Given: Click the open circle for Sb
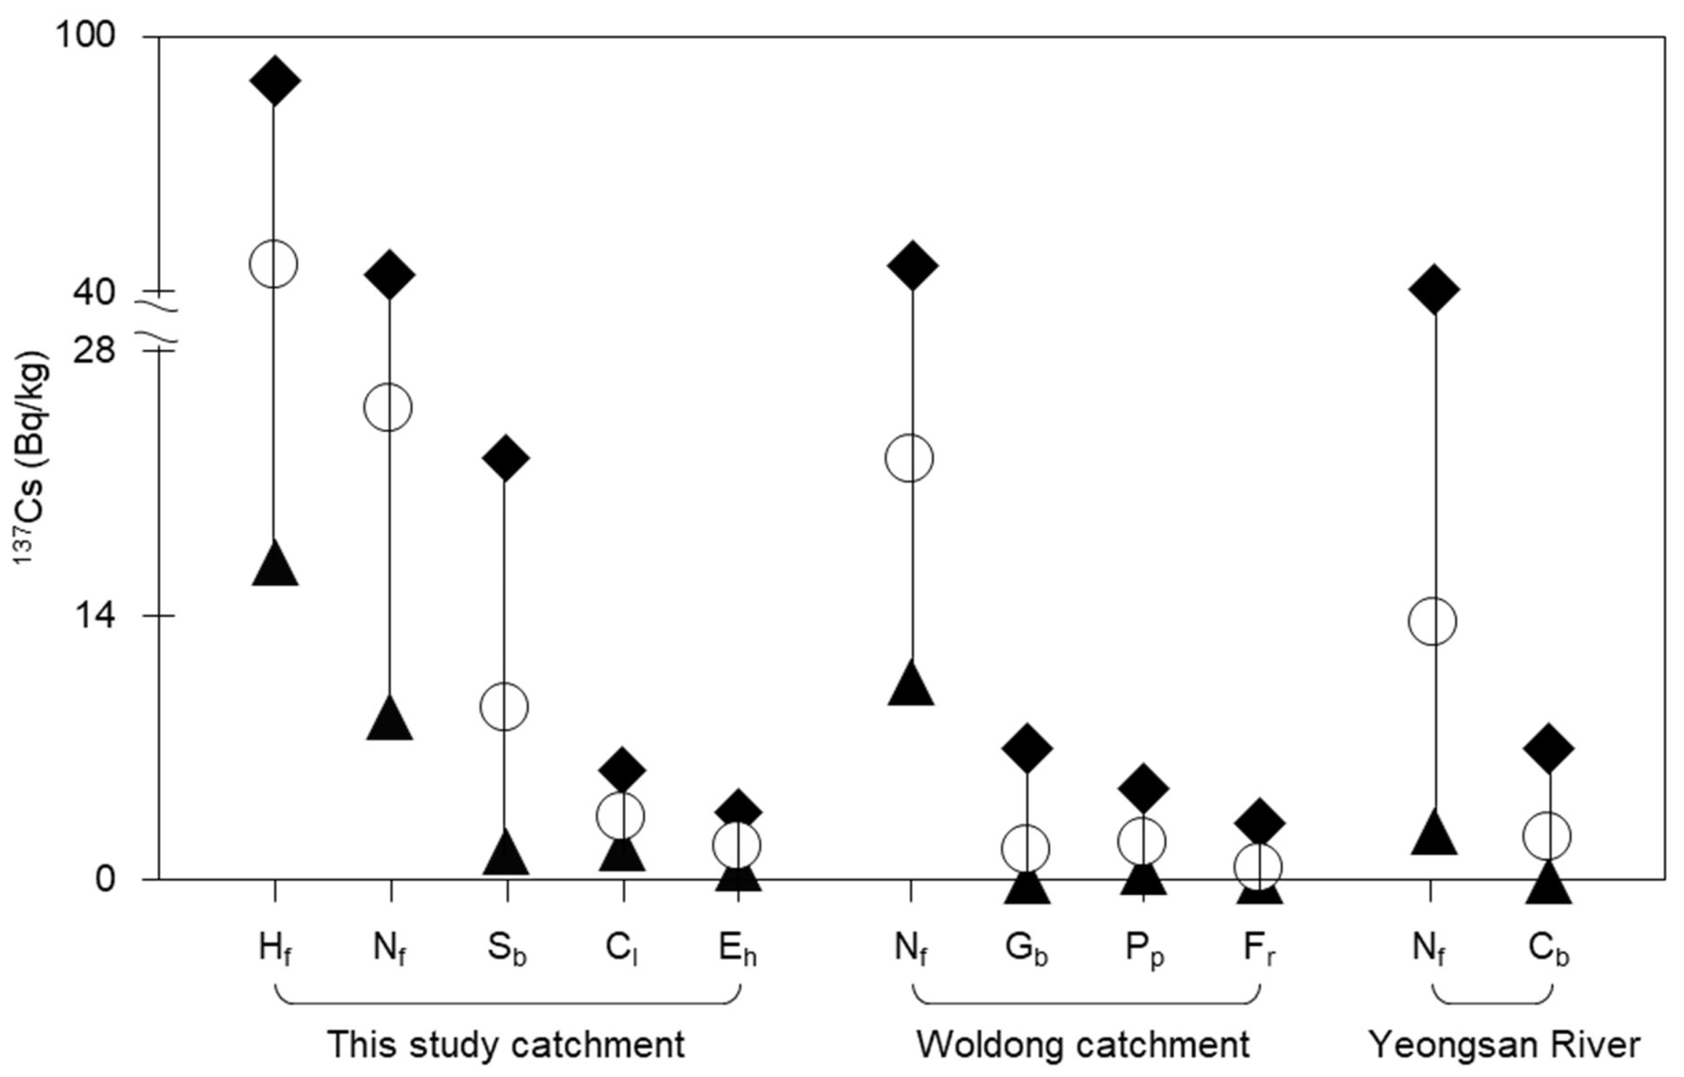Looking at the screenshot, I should click(x=504, y=706).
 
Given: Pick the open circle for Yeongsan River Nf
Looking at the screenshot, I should click(x=1433, y=621).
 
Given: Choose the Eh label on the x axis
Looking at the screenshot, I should click(x=737, y=950).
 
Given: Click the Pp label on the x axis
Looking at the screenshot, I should click(x=1144, y=951).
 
